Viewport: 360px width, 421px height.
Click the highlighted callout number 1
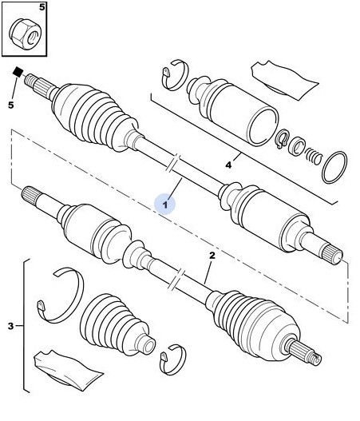(165, 205)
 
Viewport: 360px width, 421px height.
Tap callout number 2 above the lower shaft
(212, 256)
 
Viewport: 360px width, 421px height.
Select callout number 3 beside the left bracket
(10, 326)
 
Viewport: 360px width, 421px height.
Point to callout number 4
(228, 165)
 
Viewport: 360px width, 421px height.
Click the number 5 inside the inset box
(42, 7)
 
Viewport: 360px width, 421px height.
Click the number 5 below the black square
(10, 105)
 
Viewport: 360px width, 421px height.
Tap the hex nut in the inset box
(26, 35)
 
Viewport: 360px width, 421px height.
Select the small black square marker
(18, 72)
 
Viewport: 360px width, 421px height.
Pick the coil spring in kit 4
(313, 157)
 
